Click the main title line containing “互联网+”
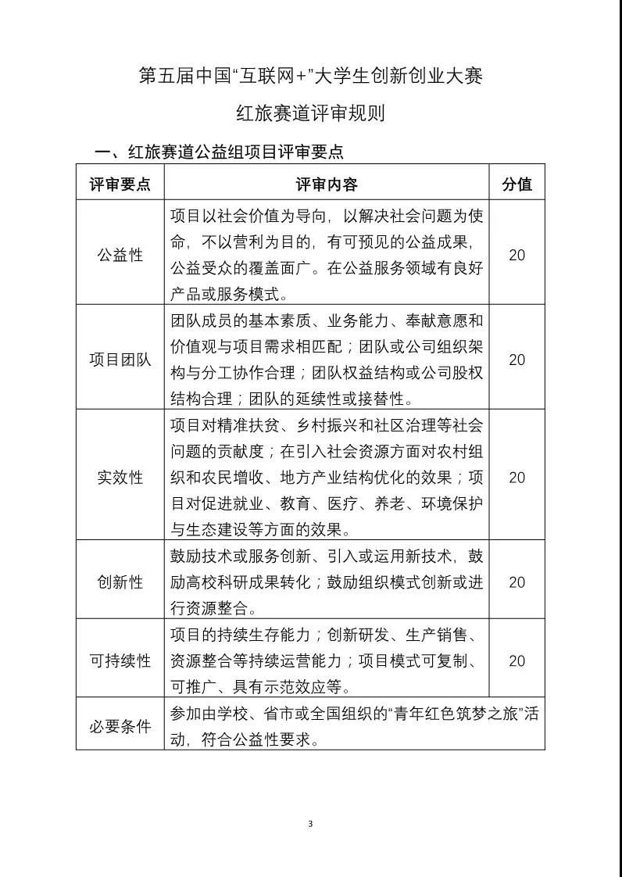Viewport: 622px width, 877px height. [311, 77]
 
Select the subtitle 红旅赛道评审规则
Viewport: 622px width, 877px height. [311, 113]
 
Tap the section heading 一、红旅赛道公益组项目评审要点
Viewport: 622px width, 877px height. [219, 152]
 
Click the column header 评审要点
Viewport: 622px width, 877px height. [120, 184]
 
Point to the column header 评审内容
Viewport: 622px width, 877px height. [327, 184]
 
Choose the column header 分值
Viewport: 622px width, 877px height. [517, 184]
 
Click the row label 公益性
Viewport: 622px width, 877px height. [120, 255]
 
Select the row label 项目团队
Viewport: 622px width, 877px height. [120, 360]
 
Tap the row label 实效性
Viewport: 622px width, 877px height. [120, 477]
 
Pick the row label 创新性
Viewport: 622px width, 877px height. [120, 582]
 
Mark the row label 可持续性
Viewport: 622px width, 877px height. [120, 660]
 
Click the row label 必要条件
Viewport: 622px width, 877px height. [120, 726]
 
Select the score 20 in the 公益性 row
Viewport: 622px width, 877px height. [517, 255]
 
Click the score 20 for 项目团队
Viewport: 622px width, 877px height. [517, 360]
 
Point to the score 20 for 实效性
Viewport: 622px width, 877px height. [517, 477]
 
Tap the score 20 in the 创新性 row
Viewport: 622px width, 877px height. [517, 582]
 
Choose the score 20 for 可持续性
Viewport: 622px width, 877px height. [517, 660]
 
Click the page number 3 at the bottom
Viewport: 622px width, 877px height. [310, 823]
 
